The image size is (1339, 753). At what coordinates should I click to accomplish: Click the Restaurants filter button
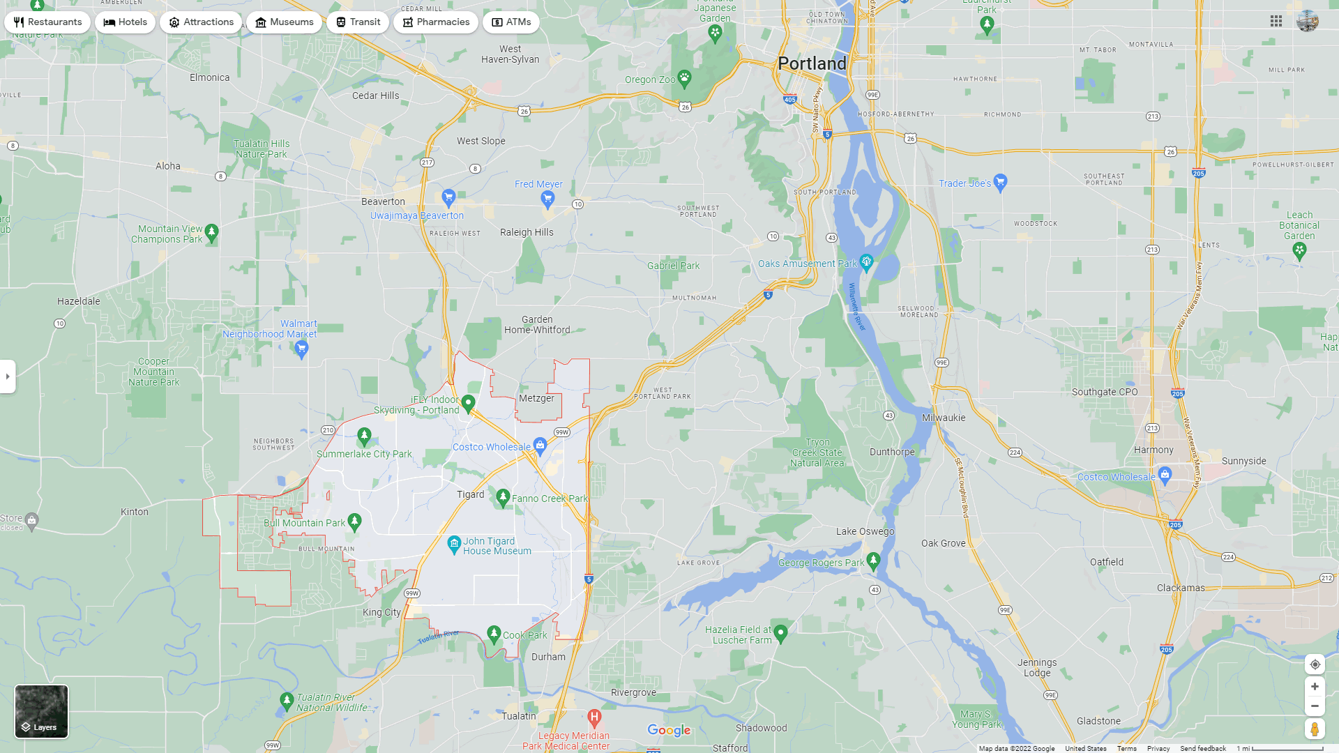click(47, 22)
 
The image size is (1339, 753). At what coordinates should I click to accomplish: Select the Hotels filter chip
click(126, 22)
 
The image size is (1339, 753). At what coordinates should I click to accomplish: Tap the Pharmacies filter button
click(435, 22)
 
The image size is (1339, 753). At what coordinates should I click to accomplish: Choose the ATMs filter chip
click(511, 22)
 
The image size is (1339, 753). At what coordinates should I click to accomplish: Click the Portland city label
click(812, 63)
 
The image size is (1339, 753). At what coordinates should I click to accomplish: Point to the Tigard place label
click(470, 494)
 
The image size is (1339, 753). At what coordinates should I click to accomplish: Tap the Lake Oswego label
click(865, 531)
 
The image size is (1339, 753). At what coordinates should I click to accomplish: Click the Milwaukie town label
click(944, 418)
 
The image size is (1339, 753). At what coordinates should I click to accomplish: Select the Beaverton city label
click(383, 201)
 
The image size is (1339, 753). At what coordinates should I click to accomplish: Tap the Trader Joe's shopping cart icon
click(1000, 182)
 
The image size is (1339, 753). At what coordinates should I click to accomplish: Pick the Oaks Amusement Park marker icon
click(866, 262)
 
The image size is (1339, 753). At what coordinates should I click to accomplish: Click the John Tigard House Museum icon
click(454, 543)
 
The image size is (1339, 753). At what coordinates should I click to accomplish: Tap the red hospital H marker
click(594, 717)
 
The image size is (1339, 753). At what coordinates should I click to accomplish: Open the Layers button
click(42, 711)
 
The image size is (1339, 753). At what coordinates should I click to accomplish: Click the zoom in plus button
click(1315, 687)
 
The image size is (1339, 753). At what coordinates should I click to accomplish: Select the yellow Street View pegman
click(1315, 729)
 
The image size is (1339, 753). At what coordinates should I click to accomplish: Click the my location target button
click(1315, 664)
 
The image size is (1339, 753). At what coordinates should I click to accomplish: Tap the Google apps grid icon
click(1276, 22)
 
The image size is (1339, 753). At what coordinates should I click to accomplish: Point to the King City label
click(381, 612)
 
